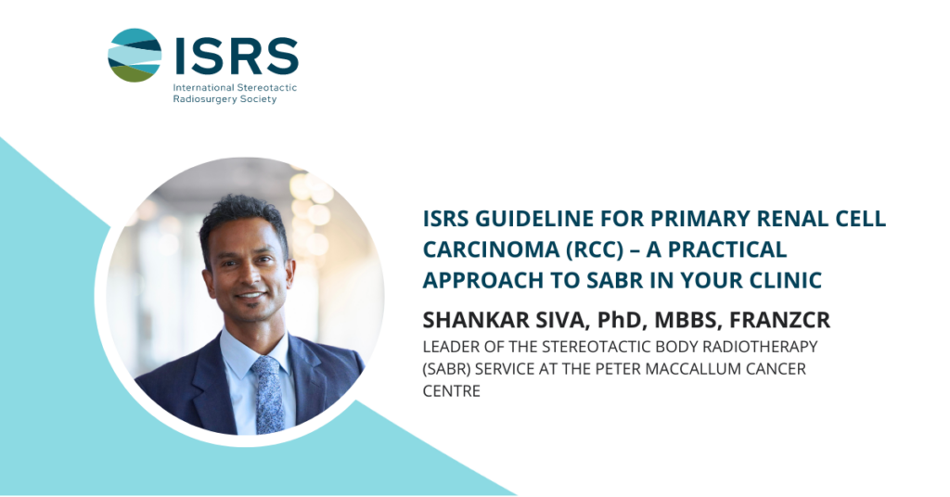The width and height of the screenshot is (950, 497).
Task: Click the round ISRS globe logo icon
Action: (x=135, y=55)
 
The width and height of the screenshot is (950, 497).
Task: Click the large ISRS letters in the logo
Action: (x=237, y=56)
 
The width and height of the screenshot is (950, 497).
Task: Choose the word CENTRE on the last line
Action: (x=452, y=390)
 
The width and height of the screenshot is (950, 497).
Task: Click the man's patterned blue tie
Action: (x=268, y=394)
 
